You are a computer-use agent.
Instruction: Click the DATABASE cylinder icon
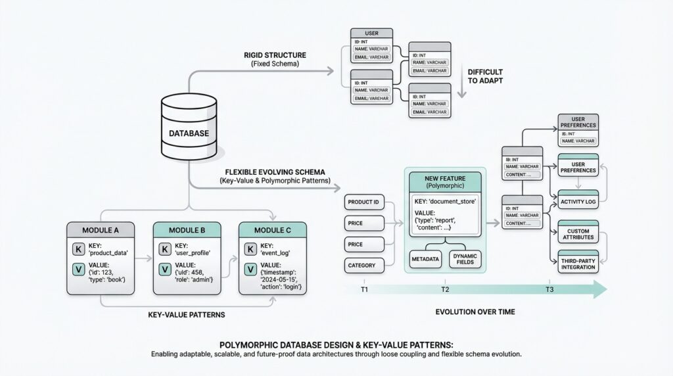[x=189, y=129]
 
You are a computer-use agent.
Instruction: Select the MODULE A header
[x=101, y=230]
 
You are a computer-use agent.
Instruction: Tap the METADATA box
[x=425, y=259]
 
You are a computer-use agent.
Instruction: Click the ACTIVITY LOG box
[x=578, y=201]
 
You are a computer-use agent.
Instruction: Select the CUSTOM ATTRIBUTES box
[x=578, y=235]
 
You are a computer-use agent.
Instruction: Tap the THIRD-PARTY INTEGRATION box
[x=578, y=263]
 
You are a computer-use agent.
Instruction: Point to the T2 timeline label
[x=445, y=289]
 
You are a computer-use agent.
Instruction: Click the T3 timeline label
[x=549, y=289]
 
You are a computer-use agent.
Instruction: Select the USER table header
[x=371, y=33]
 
